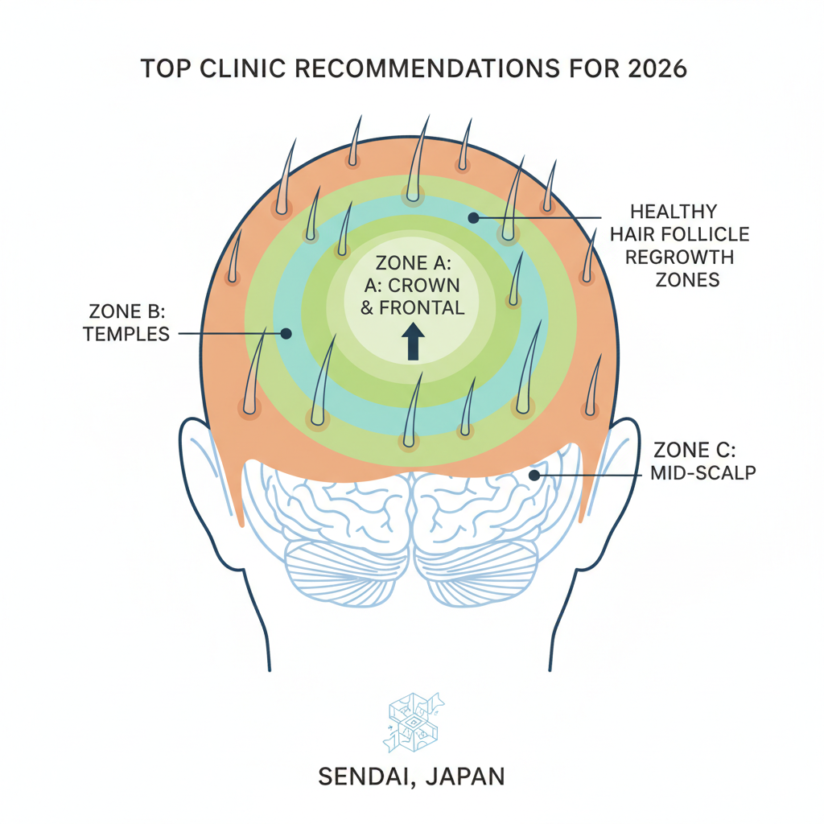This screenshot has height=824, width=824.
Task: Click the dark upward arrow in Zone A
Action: point(414,340)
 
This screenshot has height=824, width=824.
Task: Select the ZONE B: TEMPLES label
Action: point(126,321)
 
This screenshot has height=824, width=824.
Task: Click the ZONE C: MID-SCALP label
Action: point(702,460)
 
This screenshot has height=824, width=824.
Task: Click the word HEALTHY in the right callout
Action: point(673,212)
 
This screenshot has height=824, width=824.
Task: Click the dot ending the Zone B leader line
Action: point(285,332)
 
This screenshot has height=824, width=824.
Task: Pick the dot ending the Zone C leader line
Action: point(533,476)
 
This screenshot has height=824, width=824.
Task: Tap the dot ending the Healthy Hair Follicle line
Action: point(473,217)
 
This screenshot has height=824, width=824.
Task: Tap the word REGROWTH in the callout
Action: point(679,258)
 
